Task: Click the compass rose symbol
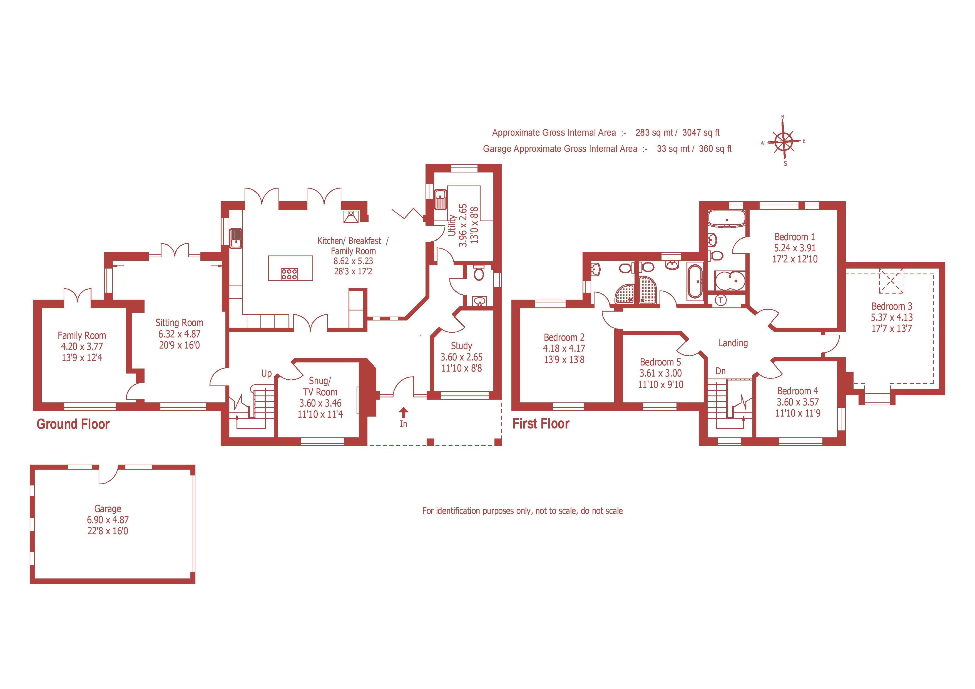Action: (784, 141)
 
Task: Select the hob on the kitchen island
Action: (289, 274)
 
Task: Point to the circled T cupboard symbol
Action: (721, 300)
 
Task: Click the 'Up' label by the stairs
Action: (266, 373)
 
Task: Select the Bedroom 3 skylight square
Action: (891, 281)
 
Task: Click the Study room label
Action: (461, 345)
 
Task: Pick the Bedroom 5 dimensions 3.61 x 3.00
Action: (660, 373)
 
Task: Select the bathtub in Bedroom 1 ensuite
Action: (727, 219)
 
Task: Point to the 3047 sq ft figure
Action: (701, 132)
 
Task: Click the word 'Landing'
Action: (733, 343)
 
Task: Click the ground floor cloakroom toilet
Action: (479, 274)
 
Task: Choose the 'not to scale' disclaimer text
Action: (522, 511)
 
